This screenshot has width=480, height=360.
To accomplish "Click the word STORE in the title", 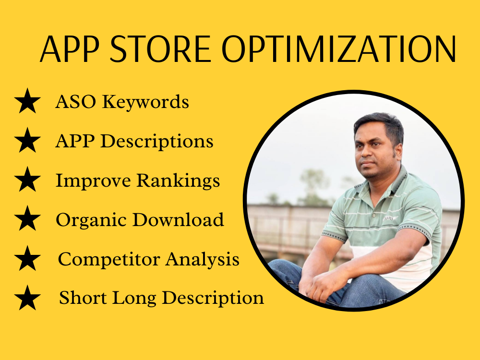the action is (160, 49).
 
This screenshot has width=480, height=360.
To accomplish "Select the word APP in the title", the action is (70, 49).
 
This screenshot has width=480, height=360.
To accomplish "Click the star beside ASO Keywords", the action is (27, 101).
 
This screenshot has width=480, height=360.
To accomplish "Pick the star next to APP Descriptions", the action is (27, 140).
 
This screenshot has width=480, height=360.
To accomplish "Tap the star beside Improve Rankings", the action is (27, 180).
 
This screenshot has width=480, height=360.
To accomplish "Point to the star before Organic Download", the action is (27, 218).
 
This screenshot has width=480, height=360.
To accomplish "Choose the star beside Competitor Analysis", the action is (27, 258).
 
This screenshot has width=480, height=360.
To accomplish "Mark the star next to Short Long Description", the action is (27, 298).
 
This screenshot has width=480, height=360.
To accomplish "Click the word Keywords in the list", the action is (145, 102).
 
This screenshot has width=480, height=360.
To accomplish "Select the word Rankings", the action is (178, 181).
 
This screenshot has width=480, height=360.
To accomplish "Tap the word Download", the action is (178, 219).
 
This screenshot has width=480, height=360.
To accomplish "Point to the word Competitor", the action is (109, 260).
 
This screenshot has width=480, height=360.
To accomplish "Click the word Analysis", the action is (203, 260).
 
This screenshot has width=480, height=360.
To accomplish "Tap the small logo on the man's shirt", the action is (390, 218).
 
